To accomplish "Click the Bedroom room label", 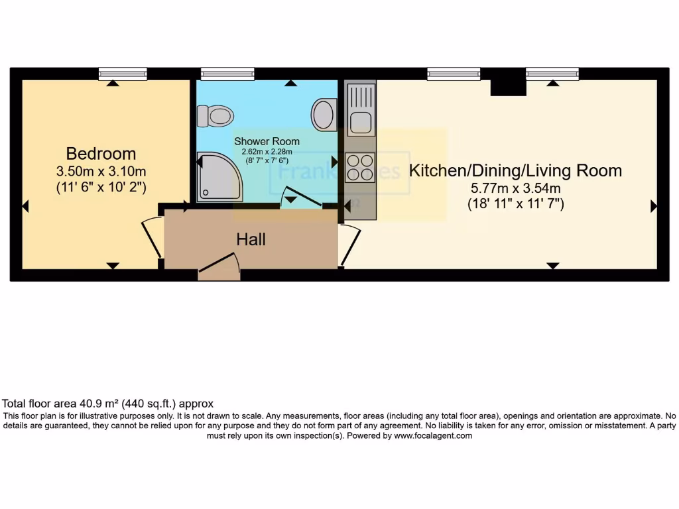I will point(101,154).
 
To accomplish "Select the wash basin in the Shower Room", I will point(324,114).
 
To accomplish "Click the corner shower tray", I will point(219,176).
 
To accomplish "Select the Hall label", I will point(251,239).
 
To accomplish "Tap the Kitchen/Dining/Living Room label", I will point(515,170).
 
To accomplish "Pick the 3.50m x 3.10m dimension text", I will point(101,172).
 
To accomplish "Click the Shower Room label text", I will point(266,141).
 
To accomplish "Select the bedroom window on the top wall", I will point(123,73).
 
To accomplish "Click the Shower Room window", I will point(227,73).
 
